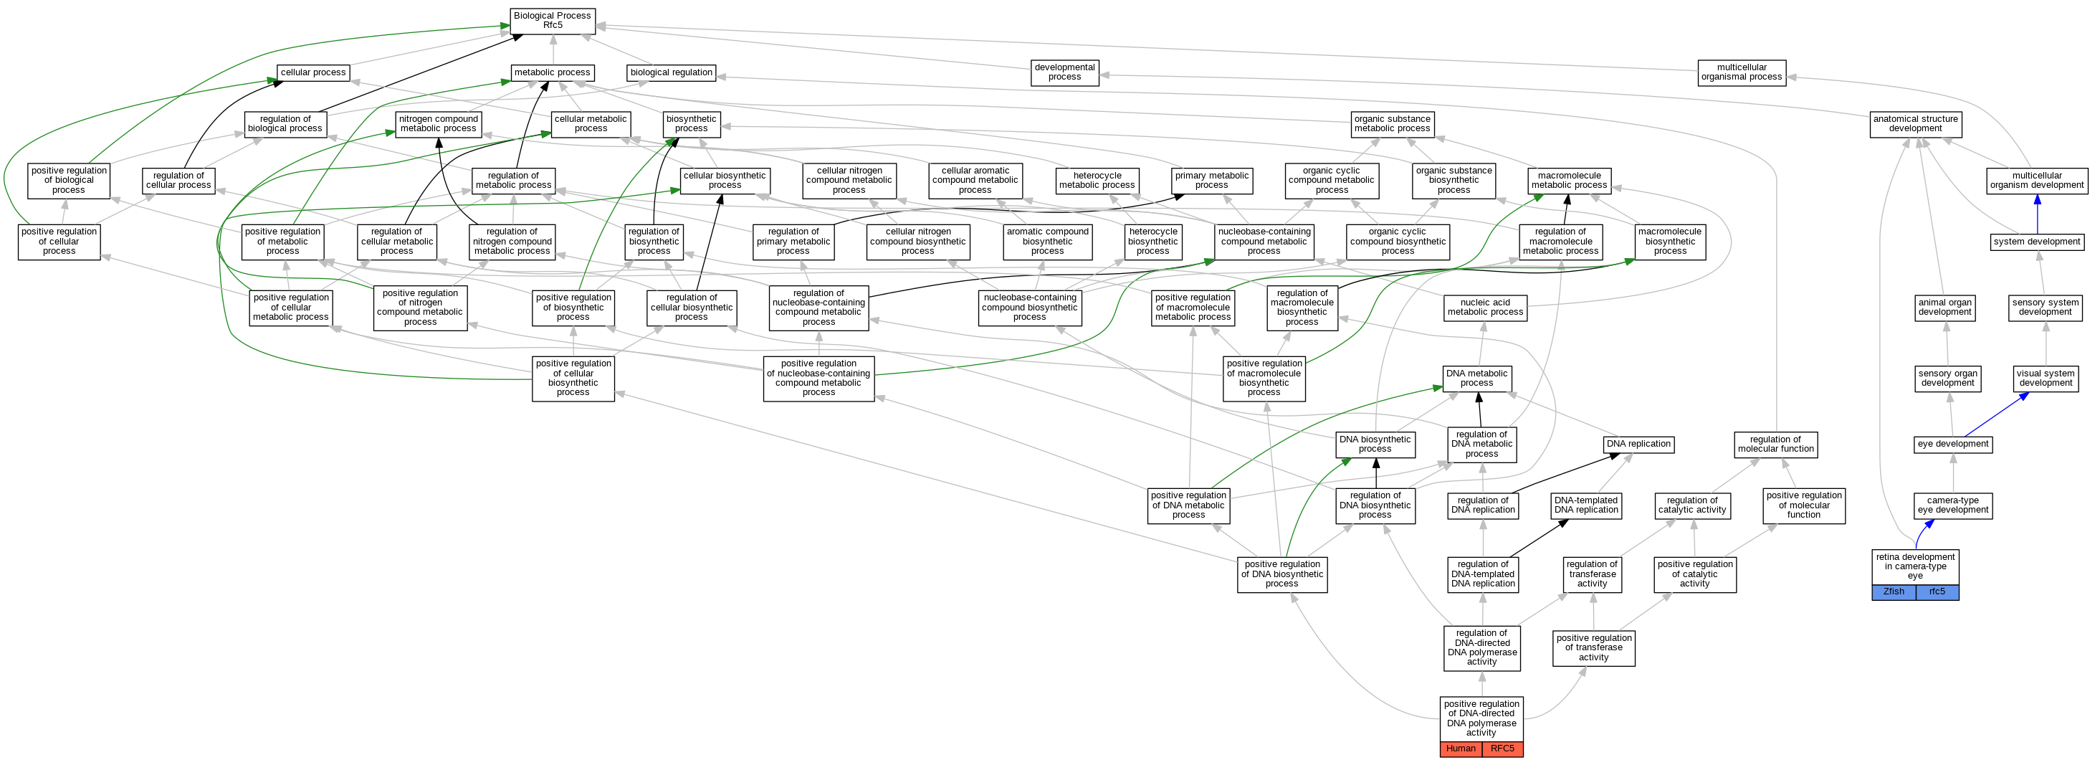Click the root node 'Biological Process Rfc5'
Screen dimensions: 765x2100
point(552,20)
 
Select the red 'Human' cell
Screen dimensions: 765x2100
point(1460,749)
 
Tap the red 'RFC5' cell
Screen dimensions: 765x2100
point(1502,749)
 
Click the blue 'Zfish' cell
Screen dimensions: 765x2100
point(1894,592)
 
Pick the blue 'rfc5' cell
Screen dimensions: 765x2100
point(1937,592)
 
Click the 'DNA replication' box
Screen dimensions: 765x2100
point(1638,445)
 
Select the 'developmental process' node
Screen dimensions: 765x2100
point(1064,72)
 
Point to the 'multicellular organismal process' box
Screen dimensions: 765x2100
point(1742,72)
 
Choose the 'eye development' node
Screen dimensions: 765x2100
point(1952,445)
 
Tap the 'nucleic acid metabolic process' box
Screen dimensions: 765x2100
point(1484,308)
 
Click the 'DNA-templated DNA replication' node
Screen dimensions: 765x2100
point(1585,505)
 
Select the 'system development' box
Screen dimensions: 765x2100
point(2036,242)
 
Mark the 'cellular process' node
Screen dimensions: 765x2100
point(313,72)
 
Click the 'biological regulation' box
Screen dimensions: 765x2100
point(671,72)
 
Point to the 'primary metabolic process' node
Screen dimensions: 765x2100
point(1211,180)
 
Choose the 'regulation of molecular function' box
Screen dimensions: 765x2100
point(1775,445)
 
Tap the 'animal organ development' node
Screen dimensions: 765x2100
point(1944,308)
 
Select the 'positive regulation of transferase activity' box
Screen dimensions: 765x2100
point(1593,648)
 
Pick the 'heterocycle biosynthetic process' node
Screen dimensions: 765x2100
point(1152,242)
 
